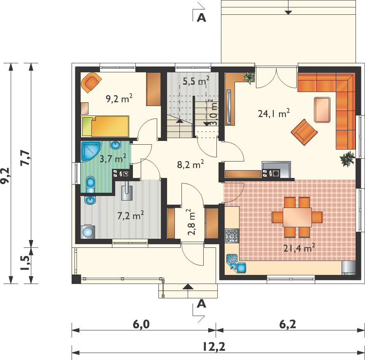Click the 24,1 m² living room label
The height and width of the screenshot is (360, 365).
[x=274, y=113]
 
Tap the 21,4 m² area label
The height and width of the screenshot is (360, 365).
[x=299, y=248]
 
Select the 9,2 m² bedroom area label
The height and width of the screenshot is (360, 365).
[x=119, y=99]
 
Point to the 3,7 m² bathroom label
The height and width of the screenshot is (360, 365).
[x=113, y=159]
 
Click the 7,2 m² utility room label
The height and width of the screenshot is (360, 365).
[x=130, y=215]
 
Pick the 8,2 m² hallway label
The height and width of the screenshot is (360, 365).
[x=191, y=164]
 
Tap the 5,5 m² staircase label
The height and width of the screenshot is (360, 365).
[x=196, y=81]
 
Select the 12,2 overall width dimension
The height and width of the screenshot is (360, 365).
[x=214, y=347]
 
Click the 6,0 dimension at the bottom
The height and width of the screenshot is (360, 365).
[x=141, y=324]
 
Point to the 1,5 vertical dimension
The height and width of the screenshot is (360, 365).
[x=25, y=263]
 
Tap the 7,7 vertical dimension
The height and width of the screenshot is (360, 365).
[x=25, y=158]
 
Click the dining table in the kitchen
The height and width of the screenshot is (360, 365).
[x=297, y=217]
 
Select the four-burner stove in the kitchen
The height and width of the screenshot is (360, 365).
[x=232, y=236]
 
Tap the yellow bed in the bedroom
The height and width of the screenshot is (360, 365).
[x=105, y=126]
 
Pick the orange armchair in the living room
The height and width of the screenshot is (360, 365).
[x=304, y=132]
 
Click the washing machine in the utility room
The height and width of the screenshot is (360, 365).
[x=88, y=232]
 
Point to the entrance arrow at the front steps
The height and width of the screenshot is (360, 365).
[x=188, y=286]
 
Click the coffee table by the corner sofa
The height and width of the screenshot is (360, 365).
[x=322, y=110]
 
